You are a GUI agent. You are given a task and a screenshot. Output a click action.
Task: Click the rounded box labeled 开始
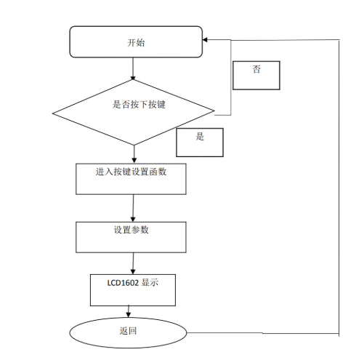tap(135, 41)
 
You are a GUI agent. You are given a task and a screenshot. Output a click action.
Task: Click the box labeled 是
tap(200, 143)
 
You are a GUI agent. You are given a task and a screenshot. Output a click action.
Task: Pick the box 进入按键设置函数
tap(132, 178)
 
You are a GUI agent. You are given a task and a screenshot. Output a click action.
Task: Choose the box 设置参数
tap(132, 236)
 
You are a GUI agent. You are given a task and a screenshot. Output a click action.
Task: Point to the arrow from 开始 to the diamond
tap(134, 68)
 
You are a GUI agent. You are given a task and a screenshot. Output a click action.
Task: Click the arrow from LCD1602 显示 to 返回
tap(129, 311)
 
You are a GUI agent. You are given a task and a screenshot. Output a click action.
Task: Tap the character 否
tap(256, 70)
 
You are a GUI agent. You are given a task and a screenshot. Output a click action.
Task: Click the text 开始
tap(135, 42)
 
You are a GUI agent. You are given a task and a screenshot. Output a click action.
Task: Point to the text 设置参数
tap(132, 230)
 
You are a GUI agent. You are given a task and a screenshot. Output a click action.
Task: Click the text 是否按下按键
tap(139, 104)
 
